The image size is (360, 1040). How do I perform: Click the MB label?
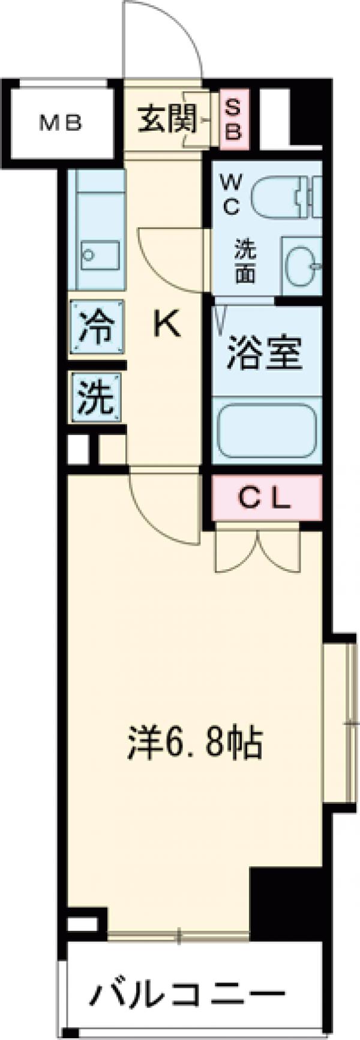[60, 124]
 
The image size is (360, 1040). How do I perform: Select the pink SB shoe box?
[233, 119]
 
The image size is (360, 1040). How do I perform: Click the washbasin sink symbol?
[301, 264]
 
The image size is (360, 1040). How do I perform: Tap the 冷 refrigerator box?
[97, 327]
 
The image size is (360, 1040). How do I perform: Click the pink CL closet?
[266, 497]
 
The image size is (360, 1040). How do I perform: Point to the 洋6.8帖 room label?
[194, 744]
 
